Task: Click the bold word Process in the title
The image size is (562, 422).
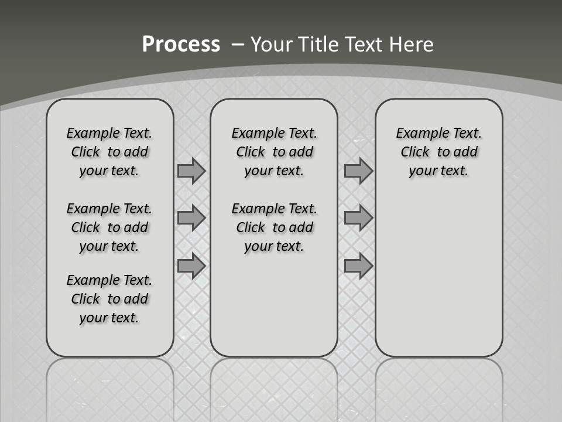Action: pos(181,45)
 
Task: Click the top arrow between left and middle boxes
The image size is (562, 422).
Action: pos(191,171)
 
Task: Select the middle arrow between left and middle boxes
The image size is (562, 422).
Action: pos(191,218)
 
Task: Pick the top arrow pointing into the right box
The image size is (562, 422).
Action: pos(358,171)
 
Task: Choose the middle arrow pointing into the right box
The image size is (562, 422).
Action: pos(358,218)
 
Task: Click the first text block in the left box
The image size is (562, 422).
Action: pos(109,152)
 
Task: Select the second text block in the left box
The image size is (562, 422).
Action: pos(109,227)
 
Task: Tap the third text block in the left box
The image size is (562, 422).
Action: pos(109,299)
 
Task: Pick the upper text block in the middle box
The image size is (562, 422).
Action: pos(274,152)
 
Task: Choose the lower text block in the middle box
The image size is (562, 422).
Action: pos(274,227)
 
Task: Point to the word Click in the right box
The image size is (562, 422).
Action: pos(415,152)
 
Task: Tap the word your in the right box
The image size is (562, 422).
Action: pos(421,171)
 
